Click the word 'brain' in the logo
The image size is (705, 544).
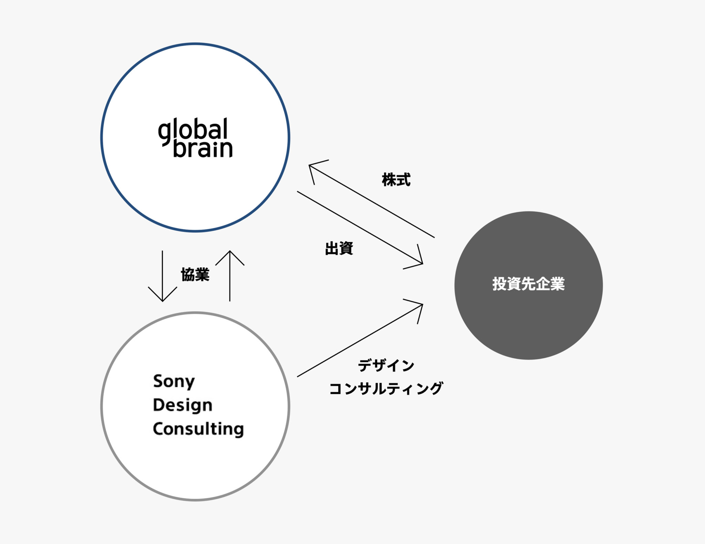tap(203, 148)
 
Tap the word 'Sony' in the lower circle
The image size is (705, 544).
tap(174, 381)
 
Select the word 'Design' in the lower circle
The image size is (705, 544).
tap(182, 405)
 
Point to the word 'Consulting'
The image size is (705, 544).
tap(198, 429)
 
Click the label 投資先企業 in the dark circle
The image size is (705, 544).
tap(528, 284)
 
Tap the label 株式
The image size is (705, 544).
tap(396, 180)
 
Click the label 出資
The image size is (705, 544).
tap(339, 248)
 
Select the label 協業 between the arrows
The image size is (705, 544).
tap(195, 275)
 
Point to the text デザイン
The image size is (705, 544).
tap(386, 365)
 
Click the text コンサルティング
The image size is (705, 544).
tap(386, 388)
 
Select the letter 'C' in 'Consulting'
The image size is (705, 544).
tap(158, 429)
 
